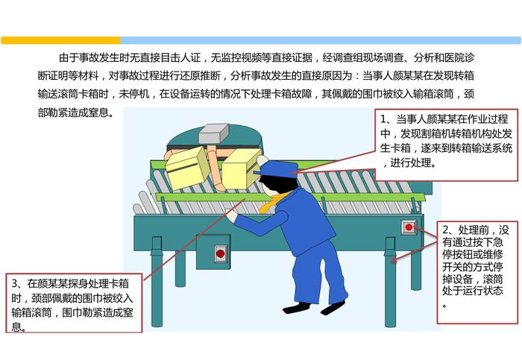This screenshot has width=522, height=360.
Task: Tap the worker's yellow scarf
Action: point(271,202)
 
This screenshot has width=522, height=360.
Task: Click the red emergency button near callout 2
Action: point(409,227)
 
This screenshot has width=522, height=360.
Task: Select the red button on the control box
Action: point(220,253)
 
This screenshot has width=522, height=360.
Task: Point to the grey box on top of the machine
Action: point(213,133)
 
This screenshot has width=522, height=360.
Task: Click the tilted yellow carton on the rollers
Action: point(187,168)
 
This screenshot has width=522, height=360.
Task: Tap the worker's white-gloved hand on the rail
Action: point(230,214)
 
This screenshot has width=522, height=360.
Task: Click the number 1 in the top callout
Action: point(383,119)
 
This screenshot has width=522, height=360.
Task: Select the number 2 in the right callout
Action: point(446,230)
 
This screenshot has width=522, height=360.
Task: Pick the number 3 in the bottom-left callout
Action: point(15,283)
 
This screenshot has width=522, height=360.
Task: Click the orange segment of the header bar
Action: point(60,40)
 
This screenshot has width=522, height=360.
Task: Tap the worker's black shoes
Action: point(314,307)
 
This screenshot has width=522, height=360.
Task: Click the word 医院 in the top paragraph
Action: point(453,58)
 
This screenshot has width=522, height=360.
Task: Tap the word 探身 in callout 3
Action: point(78,284)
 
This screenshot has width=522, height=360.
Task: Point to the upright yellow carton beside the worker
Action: point(240,170)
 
